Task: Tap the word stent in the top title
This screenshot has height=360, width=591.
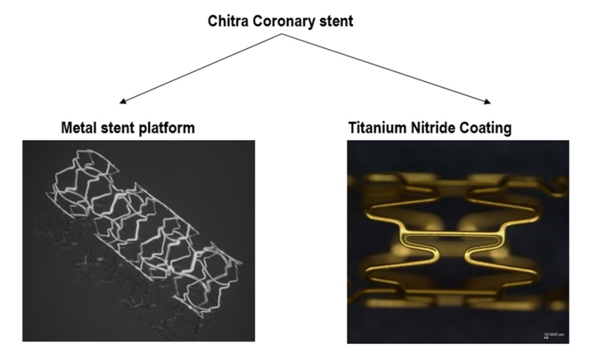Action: click(x=334, y=21)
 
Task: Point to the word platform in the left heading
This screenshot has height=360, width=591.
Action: click(x=168, y=128)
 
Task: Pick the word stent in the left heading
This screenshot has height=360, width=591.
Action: click(x=119, y=127)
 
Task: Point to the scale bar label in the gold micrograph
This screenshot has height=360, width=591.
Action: click(x=549, y=333)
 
